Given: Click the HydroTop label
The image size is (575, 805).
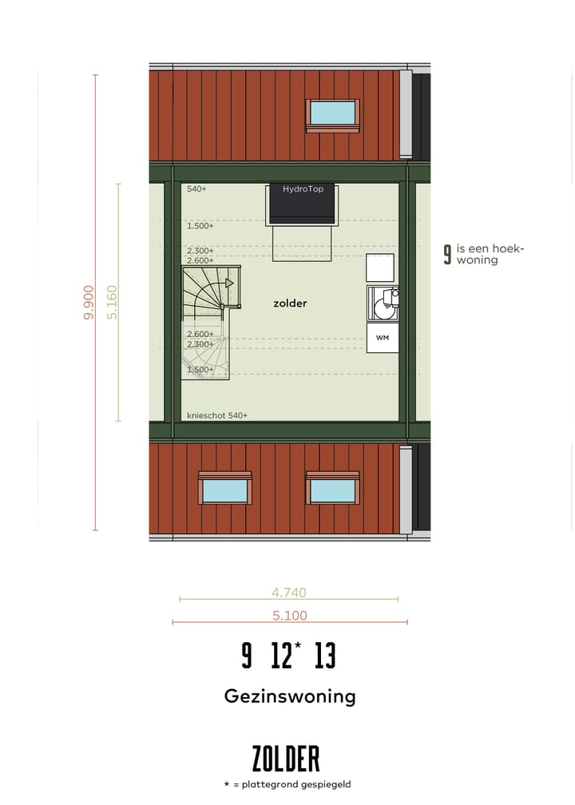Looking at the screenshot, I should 302,189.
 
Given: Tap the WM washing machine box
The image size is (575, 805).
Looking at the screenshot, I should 383,338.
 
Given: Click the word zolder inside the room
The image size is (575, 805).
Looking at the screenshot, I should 290,303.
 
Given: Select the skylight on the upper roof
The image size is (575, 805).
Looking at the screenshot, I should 332,113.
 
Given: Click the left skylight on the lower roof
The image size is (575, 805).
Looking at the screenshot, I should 225,490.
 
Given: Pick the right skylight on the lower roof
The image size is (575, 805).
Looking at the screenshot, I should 332,490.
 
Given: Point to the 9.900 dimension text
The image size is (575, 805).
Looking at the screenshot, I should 89,303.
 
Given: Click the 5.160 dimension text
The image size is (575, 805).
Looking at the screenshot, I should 112,303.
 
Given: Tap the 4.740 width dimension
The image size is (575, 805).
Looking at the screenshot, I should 289,593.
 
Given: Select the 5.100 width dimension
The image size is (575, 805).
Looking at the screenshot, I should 289,616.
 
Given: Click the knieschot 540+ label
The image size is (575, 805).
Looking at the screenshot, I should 217,415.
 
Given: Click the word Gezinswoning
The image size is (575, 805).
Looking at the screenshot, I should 289,696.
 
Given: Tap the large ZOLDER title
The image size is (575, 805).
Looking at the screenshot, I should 286,759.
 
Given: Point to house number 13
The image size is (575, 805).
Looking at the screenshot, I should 325,656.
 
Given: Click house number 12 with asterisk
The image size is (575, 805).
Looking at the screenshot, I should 285,656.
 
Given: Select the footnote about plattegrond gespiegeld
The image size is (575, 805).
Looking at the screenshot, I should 287,785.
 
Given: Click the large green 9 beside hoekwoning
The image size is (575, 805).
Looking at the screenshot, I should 447,255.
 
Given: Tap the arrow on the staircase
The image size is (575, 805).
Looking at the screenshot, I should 228,283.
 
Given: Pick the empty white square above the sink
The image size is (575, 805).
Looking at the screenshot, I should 380,267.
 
